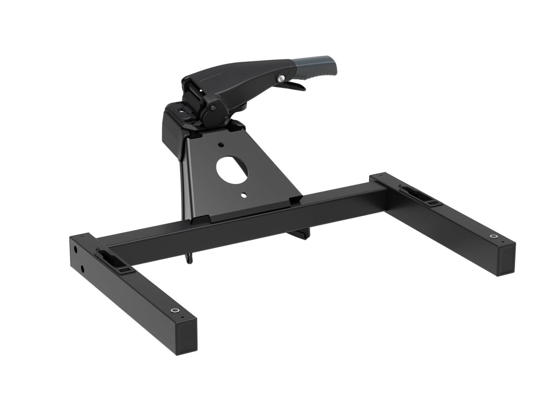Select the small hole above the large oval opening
222,144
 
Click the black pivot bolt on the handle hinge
213,108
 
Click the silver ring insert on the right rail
494,237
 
